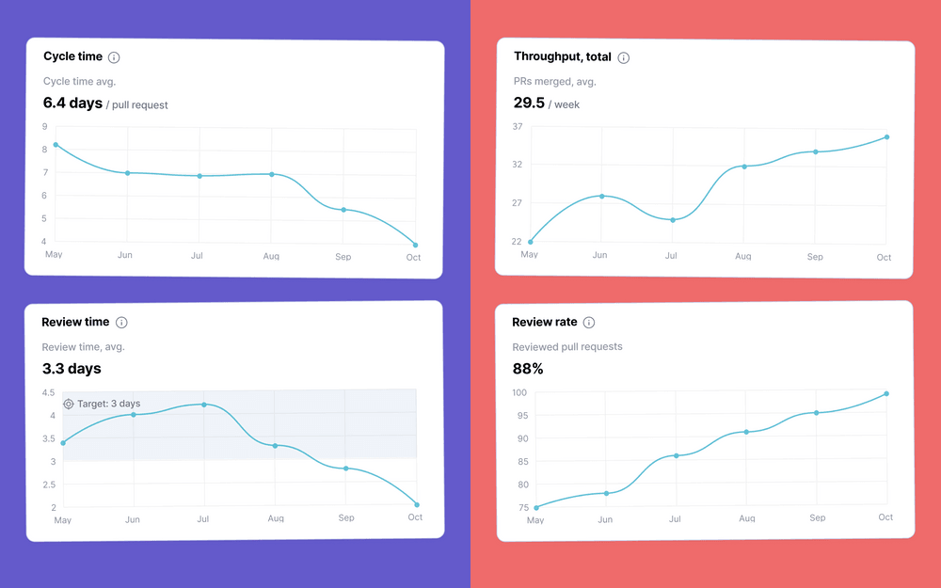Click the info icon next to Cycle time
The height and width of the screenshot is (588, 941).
click(x=114, y=57)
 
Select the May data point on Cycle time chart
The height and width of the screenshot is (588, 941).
click(x=56, y=145)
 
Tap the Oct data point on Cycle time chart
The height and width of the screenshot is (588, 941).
click(x=416, y=246)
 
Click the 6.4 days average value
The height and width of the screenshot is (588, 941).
click(x=72, y=103)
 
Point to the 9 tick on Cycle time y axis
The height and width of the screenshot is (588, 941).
click(x=44, y=126)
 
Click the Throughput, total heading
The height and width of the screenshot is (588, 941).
click(x=562, y=57)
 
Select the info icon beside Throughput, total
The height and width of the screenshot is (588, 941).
click(x=623, y=57)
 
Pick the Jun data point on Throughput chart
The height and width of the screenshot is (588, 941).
click(x=601, y=196)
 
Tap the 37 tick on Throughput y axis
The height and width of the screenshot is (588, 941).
click(x=517, y=127)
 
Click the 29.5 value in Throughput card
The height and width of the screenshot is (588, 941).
click(x=529, y=103)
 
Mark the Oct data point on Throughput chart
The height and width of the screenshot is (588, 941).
click(x=886, y=137)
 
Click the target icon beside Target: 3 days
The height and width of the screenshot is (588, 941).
click(x=69, y=405)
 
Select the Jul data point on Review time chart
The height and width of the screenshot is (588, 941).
click(x=204, y=405)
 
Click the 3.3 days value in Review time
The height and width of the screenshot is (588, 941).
click(x=72, y=368)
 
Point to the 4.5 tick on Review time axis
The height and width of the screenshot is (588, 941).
click(x=48, y=392)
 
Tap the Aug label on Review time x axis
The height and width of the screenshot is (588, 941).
click(x=276, y=518)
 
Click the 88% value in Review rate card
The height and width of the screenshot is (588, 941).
click(x=528, y=368)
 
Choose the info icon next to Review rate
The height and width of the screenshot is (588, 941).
click(x=589, y=323)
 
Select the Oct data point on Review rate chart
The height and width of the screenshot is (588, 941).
click(x=886, y=394)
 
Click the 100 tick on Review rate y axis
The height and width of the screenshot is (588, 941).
click(x=518, y=392)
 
